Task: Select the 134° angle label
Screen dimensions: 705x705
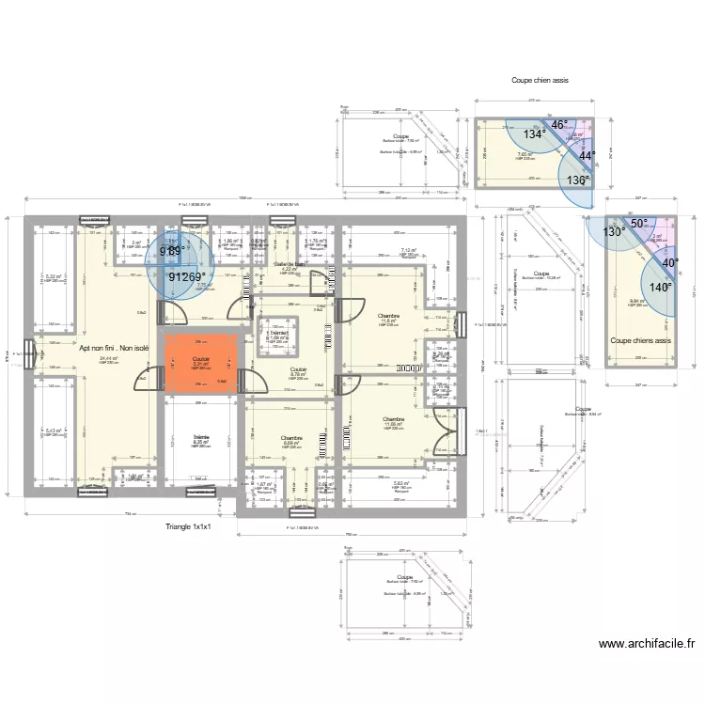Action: tap(535, 134)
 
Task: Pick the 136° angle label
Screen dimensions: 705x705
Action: tap(578, 180)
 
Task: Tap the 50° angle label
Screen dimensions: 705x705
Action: tap(638, 223)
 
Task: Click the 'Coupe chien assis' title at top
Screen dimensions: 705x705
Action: tap(540, 81)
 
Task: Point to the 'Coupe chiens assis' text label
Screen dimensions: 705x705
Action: tap(640, 341)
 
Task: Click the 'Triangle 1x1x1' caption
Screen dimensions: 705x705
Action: tap(187, 527)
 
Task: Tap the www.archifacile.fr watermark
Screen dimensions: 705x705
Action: tap(646, 644)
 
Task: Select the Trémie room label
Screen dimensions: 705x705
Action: tap(201, 438)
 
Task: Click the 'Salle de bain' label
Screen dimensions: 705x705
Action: tap(290, 265)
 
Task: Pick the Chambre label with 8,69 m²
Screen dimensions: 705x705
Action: tap(291, 439)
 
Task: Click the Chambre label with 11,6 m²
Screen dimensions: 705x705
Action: tap(389, 316)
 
